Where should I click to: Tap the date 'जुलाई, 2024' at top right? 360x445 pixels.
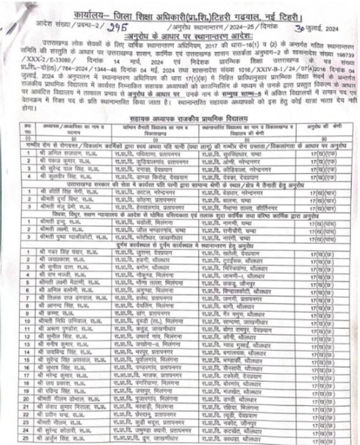pos(326,29)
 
